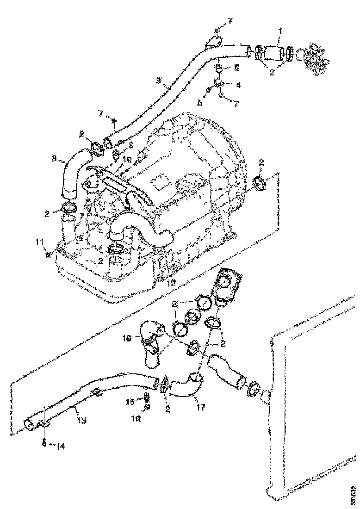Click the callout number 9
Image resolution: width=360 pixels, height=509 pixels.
click(131, 145)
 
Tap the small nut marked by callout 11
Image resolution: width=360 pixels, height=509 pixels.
click(48, 254)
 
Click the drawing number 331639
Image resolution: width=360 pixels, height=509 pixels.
click(353, 494)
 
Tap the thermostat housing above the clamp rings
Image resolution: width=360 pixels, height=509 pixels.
click(228, 284)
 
